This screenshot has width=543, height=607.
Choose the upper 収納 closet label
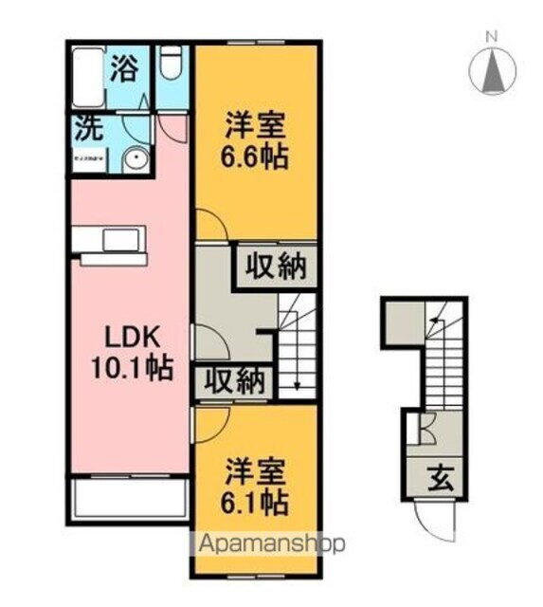click(277, 267)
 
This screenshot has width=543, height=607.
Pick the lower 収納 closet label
click(232, 382)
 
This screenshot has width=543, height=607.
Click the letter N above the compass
click(491, 37)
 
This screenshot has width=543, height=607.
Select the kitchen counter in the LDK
click(112, 244)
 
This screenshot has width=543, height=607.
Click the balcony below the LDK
click(128, 498)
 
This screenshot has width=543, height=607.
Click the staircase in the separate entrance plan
click(442, 360)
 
